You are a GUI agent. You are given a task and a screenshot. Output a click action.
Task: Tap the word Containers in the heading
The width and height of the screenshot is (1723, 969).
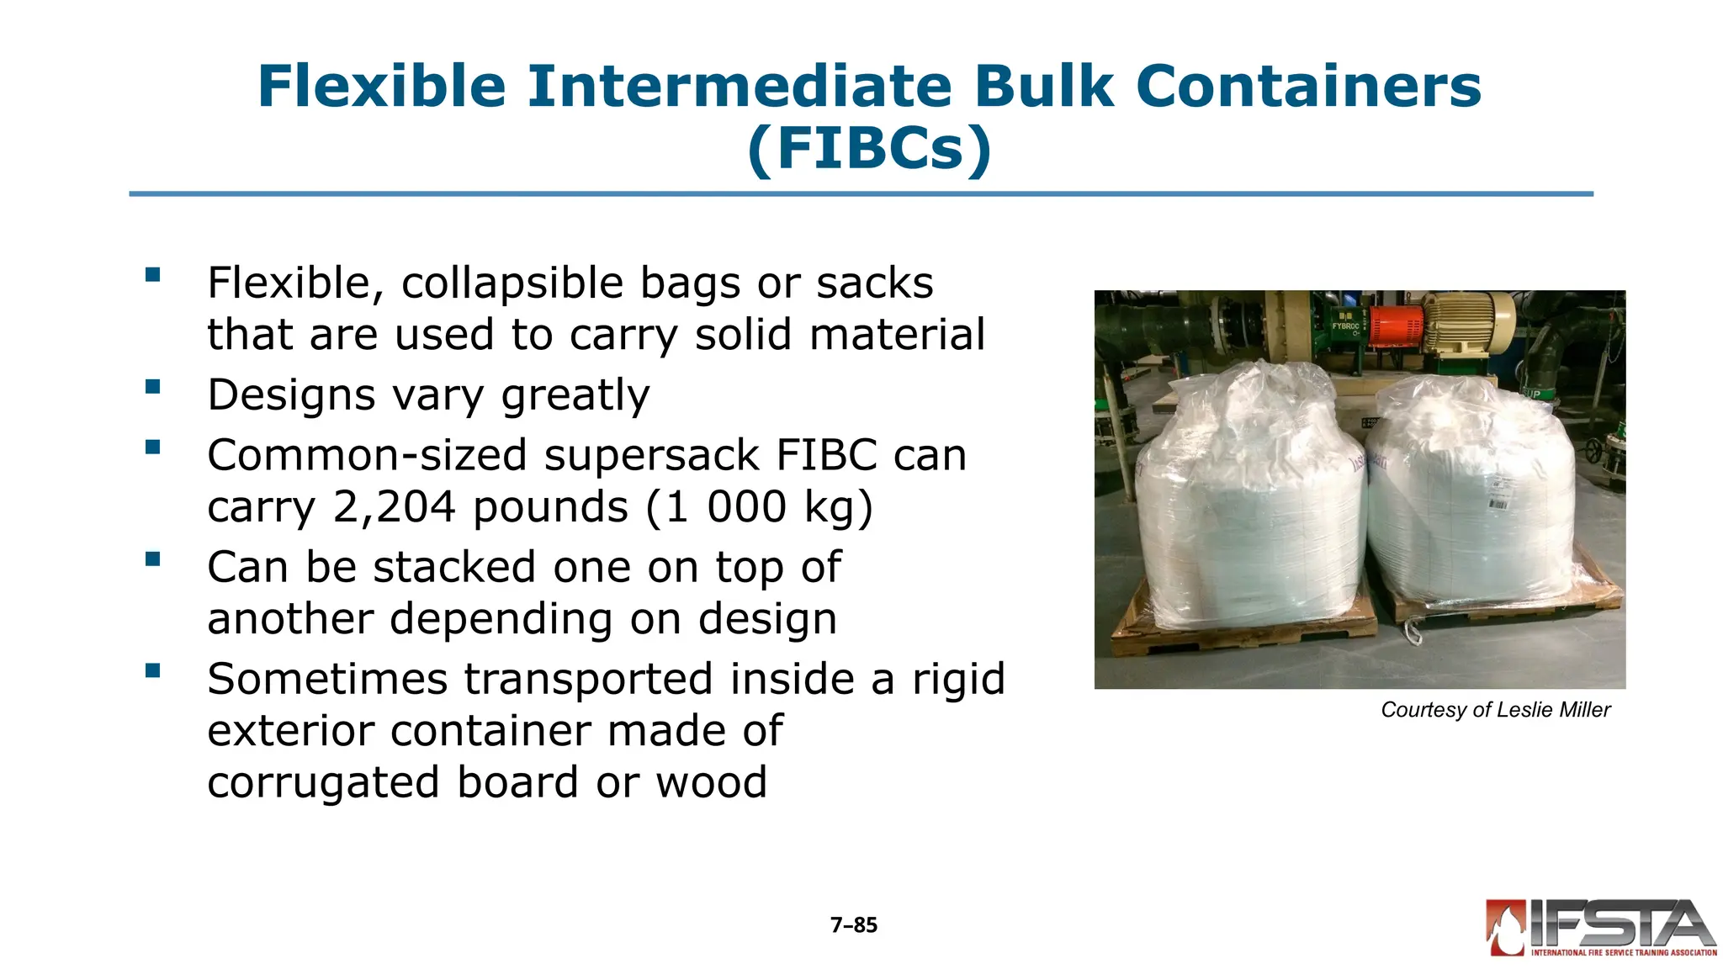[x=1308, y=87]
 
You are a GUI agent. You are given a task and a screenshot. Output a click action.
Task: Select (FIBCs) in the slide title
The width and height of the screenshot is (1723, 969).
[x=869, y=149]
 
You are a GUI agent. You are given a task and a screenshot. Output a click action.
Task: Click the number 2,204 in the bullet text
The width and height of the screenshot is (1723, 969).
[x=394, y=507]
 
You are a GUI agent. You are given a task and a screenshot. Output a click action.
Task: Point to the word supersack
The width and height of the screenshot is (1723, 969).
[x=652, y=455]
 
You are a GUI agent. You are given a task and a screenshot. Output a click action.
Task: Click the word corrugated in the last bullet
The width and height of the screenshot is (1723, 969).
[x=324, y=782]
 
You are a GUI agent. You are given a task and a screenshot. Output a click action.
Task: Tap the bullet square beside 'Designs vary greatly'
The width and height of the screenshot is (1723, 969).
[x=152, y=387]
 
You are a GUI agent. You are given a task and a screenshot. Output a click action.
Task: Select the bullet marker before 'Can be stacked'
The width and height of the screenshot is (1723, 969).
[x=152, y=559]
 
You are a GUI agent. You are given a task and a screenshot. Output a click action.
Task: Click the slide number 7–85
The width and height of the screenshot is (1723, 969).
[x=853, y=925]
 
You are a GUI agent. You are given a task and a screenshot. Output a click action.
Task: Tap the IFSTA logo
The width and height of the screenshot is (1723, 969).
[x=1600, y=928]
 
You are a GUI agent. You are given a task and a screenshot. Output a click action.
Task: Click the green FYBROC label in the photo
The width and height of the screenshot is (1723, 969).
[x=1345, y=326]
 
